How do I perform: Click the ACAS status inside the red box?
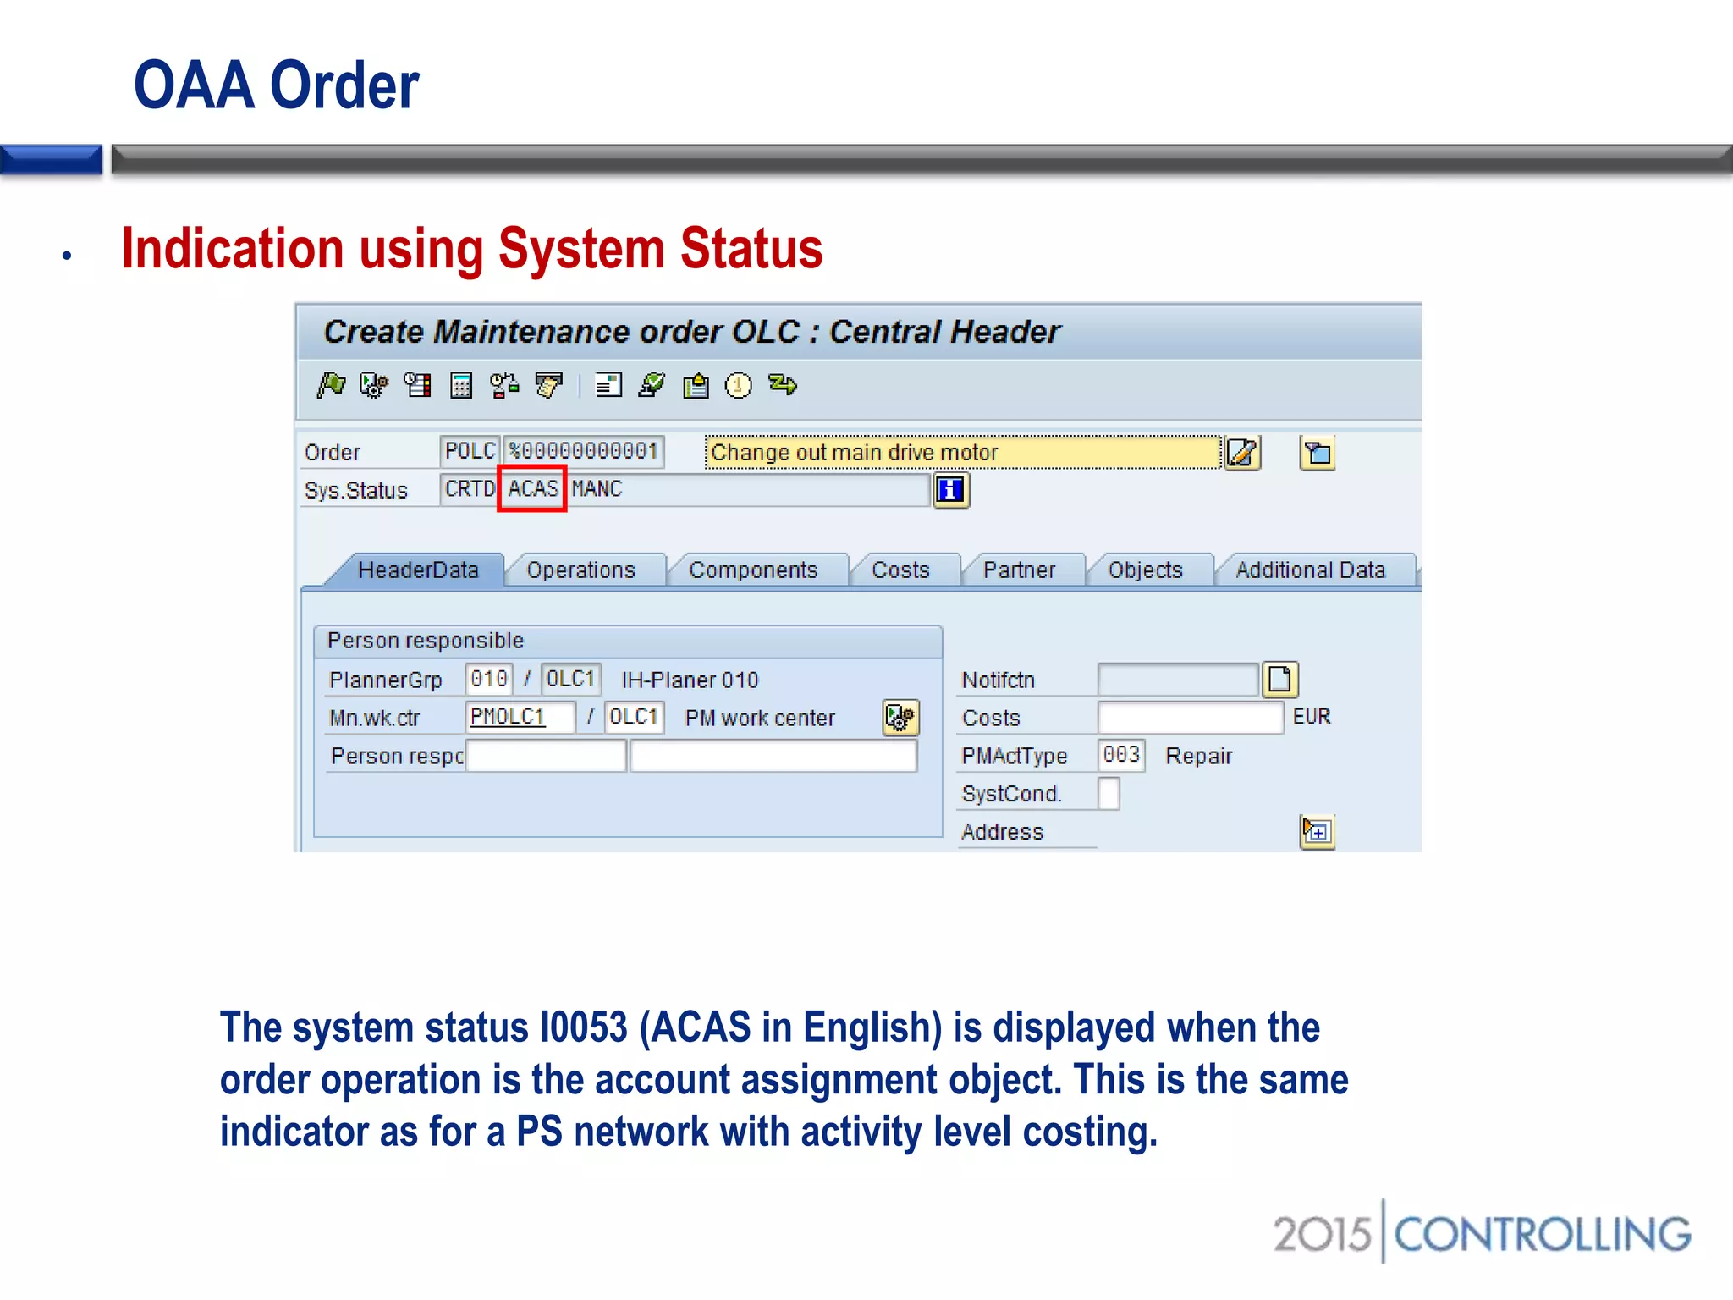(532, 489)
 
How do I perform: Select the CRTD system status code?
(469, 489)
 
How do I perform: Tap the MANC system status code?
(597, 489)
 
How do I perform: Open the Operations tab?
(580, 570)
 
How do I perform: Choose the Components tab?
(753, 570)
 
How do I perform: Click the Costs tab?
(900, 570)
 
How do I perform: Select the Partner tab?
(1019, 570)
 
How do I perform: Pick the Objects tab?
(1145, 570)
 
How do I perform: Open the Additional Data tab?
(1310, 570)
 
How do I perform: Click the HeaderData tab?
(418, 570)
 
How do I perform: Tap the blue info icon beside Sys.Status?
(950, 490)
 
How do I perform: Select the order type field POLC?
(470, 452)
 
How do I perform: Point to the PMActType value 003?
(1121, 755)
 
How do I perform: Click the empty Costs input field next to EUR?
(1189, 718)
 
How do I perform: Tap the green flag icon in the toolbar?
(331, 386)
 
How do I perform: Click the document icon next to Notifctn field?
(1279, 680)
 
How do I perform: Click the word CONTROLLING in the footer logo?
(1542, 1235)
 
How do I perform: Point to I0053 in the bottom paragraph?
(583, 1027)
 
